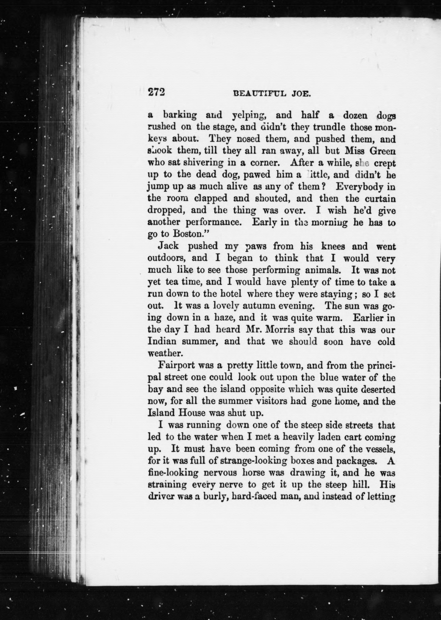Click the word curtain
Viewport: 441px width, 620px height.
[380, 199]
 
